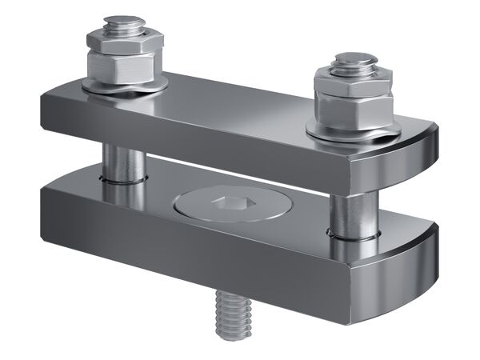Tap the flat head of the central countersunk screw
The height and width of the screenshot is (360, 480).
tap(200, 203)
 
